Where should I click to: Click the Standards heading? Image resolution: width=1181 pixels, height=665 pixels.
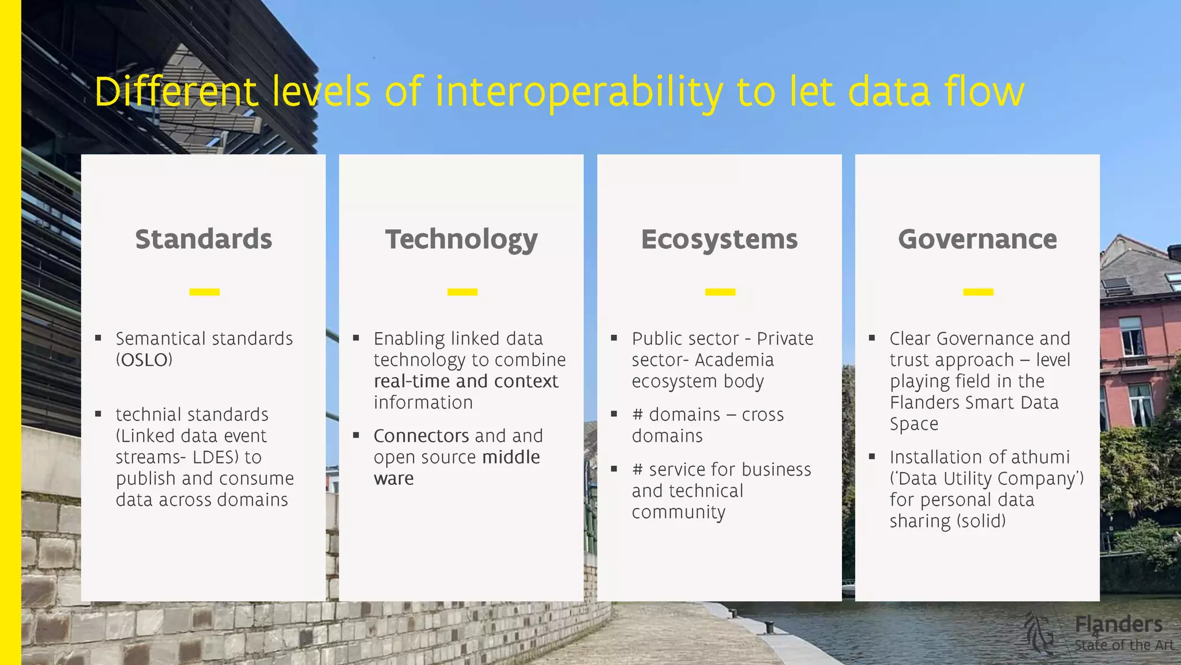pos(204,239)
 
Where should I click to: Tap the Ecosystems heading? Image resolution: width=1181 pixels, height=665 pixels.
pos(719,240)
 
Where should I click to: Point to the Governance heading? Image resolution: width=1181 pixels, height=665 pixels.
pos(977,239)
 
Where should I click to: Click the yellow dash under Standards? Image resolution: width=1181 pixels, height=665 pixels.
pos(204,292)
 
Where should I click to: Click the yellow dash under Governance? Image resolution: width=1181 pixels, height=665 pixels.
pos(978,292)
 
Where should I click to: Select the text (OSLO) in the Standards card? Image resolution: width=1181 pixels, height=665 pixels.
pos(144,360)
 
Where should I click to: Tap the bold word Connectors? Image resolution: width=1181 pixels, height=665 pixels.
pos(421,436)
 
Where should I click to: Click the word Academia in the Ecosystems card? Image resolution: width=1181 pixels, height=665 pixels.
pos(734,360)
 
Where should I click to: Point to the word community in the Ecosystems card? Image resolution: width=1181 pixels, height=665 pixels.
pos(678,513)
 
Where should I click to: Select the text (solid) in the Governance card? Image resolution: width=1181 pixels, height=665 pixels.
pos(981,521)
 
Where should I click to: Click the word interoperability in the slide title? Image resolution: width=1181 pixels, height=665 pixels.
pos(578,92)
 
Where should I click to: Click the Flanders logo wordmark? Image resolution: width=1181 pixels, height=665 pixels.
pos(1118,625)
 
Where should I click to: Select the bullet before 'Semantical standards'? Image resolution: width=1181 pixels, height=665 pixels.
pos(99,338)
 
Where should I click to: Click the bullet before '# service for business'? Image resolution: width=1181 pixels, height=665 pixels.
pos(614,469)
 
